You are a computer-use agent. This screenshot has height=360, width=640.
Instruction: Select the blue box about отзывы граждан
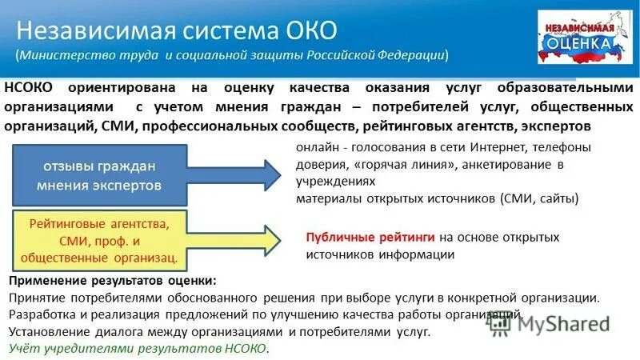[x=99, y=175]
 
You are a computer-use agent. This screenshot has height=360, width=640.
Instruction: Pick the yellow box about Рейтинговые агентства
[x=99, y=238]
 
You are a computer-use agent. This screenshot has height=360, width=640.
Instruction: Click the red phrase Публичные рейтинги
[x=370, y=238]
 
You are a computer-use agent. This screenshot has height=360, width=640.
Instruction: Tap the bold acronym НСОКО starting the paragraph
[x=31, y=87]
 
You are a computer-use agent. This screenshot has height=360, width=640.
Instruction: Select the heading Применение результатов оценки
[x=112, y=282]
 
